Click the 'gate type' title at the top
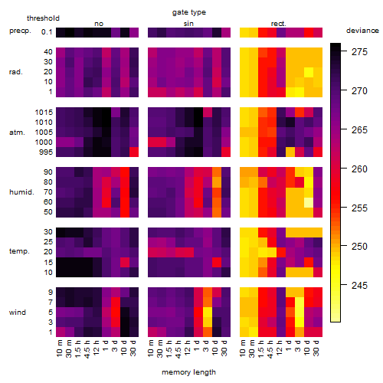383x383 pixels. (x=189, y=12)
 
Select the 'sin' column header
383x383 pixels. (x=188, y=24)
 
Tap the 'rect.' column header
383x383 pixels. (x=278, y=24)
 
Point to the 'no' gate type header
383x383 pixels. (x=99, y=24)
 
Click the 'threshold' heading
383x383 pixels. (x=43, y=18)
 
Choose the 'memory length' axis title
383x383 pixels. (x=188, y=372)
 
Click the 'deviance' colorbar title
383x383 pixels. (x=362, y=31)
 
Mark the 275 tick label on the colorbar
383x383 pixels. (x=359, y=52)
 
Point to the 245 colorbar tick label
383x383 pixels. (x=359, y=285)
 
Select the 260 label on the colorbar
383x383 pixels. (x=359, y=169)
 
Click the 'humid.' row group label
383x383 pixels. (x=21, y=192)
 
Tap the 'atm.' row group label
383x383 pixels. (x=17, y=133)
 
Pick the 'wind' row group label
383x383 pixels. (x=18, y=313)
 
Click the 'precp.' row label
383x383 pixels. (x=20, y=31)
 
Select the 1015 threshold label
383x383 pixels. (x=44, y=113)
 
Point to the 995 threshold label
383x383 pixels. (x=46, y=152)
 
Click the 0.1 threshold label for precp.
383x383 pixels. (x=47, y=32)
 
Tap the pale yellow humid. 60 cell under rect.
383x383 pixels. (x=309, y=202)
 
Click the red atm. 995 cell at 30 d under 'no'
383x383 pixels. (x=134, y=152)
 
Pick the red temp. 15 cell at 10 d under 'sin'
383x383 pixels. (x=217, y=262)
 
